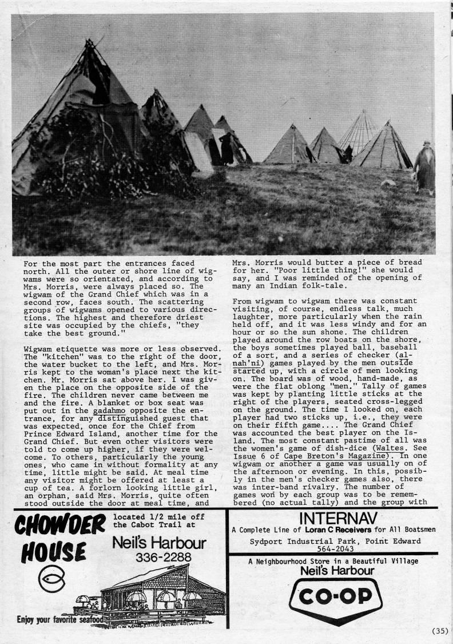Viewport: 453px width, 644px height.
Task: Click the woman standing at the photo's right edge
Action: [424, 168]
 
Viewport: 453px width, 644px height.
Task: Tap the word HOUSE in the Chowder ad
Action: [54, 554]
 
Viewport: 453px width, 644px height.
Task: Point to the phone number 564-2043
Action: [332, 548]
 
